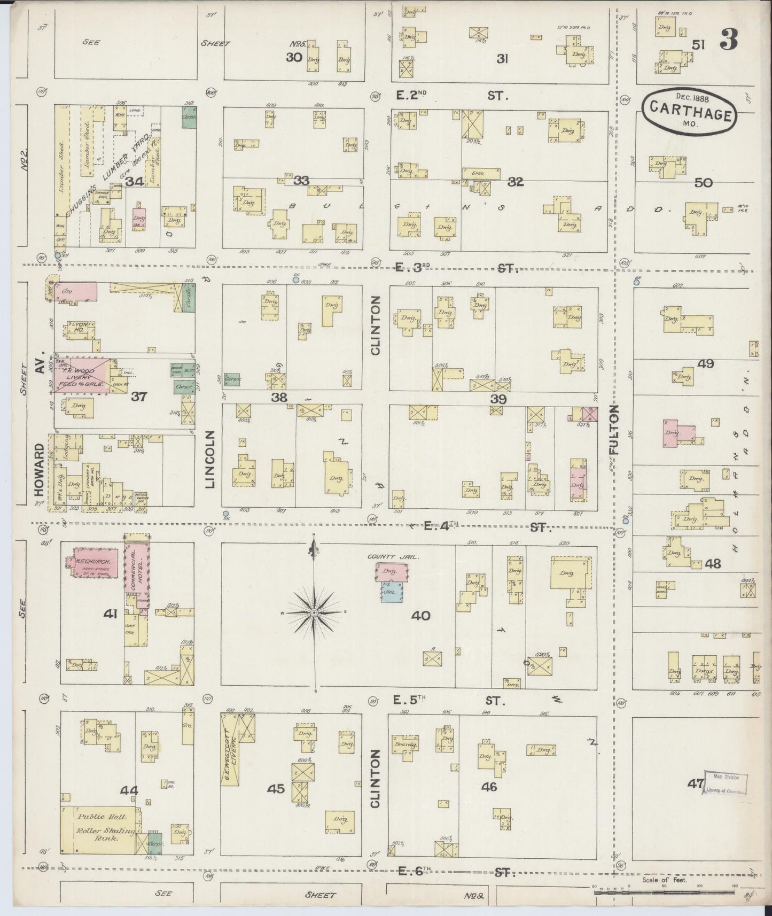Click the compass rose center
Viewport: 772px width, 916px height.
[315, 612]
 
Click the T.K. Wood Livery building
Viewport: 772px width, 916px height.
[82, 377]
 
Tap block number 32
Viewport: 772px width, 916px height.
[516, 182]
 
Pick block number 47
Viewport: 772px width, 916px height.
[696, 784]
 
